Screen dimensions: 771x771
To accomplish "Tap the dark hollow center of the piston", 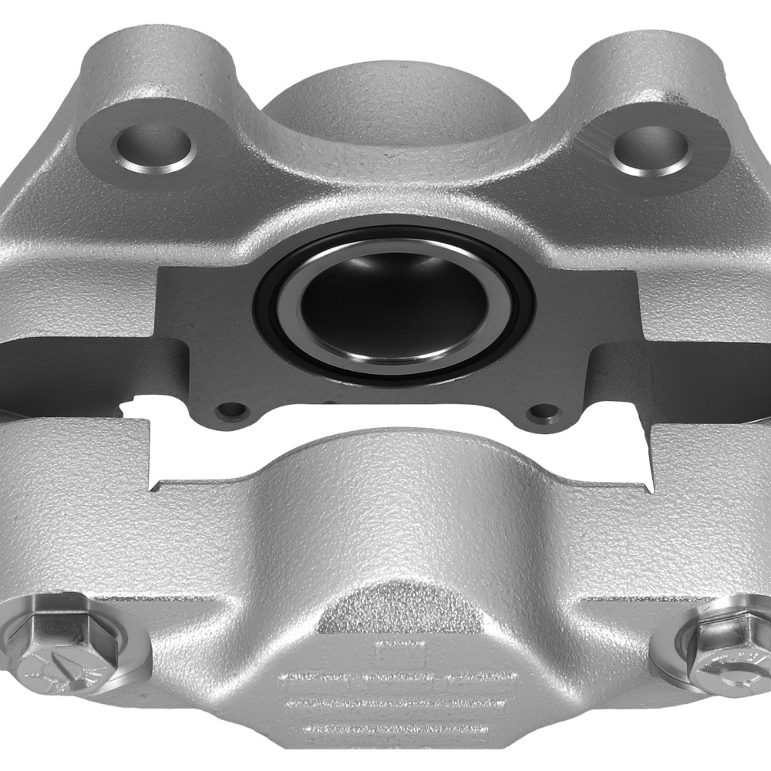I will coord(393,308).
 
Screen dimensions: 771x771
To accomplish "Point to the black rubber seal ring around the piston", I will coord(266,308).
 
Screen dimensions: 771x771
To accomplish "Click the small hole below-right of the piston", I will coord(547,412).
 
